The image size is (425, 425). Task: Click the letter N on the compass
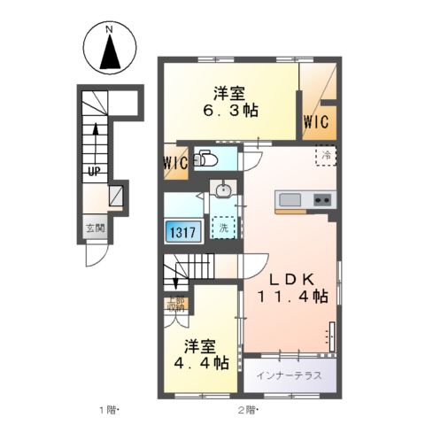click(x=109, y=30)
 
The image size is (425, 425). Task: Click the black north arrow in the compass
click(x=109, y=54)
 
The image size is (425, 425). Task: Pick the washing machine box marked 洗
click(x=224, y=227)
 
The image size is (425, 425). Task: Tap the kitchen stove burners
click(x=321, y=199)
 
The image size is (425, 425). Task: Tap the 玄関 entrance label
click(x=95, y=228)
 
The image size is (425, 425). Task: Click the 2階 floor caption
click(x=246, y=409)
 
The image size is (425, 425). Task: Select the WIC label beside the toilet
click(x=175, y=163)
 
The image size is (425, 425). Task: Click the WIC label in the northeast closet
click(x=317, y=120)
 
